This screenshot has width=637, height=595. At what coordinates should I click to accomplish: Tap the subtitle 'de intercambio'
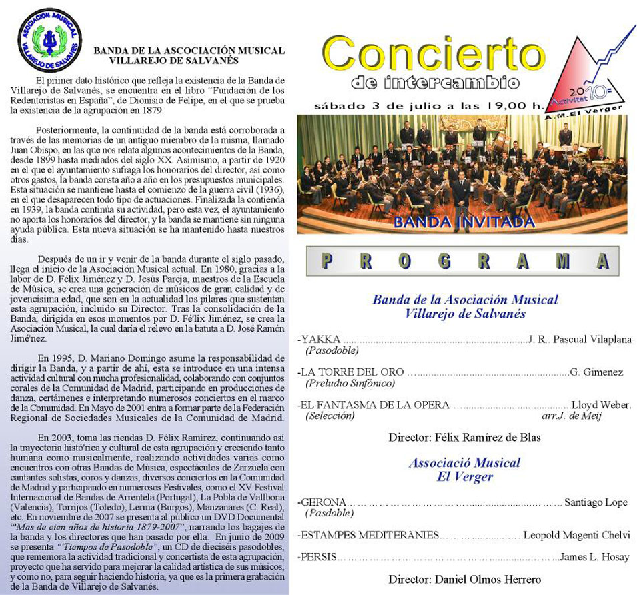click(x=434, y=83)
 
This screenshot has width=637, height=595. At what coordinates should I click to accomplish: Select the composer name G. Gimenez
click(x=596, y=372)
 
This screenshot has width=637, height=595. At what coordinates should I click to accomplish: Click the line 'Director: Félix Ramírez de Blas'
click(x=464, y=438)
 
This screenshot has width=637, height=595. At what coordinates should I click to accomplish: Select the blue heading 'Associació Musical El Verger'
click(x=464, y=469)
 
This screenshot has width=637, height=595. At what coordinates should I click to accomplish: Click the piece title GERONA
click(x=323, y=502)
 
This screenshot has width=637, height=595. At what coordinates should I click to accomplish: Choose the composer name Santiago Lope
click(x=596, y=502)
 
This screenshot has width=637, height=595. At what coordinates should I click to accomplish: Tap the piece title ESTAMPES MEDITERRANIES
click(x=368, y=535)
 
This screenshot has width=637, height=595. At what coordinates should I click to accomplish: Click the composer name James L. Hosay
click(x=594, y=557)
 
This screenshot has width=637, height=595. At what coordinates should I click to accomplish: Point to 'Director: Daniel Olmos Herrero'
click(x=464, y=579)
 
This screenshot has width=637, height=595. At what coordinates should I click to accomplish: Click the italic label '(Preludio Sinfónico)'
click(x=350, y=383)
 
